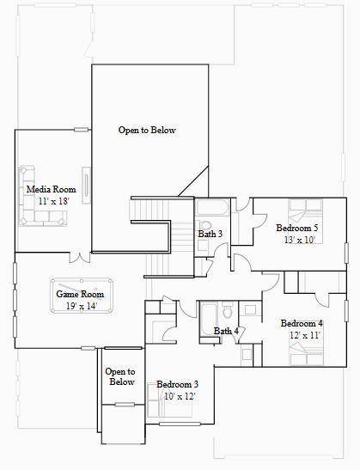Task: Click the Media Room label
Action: pos(52,189)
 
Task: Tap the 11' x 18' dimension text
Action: pos(53,201)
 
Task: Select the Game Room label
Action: pos(80,294)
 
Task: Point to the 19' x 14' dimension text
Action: pos(82,306)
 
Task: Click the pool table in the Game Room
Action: pos(82,296)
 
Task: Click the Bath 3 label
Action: pos(211,234)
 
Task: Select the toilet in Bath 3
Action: pos(205,224)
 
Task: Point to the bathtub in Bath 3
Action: pos(212,207)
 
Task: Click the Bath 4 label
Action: pos(226,331)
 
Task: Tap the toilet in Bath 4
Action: pos(228,311)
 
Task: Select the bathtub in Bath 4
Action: pos(209,320)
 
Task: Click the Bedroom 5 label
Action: pos(297,228)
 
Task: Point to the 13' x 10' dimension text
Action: pos(300,240)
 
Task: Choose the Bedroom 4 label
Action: pos(302,323)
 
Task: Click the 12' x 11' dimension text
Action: pos(304,335)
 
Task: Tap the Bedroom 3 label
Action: pos(178,384)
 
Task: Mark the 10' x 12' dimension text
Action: pos(180,396)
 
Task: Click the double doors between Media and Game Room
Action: pos(80,258)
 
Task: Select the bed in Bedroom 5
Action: pos(306,221)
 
